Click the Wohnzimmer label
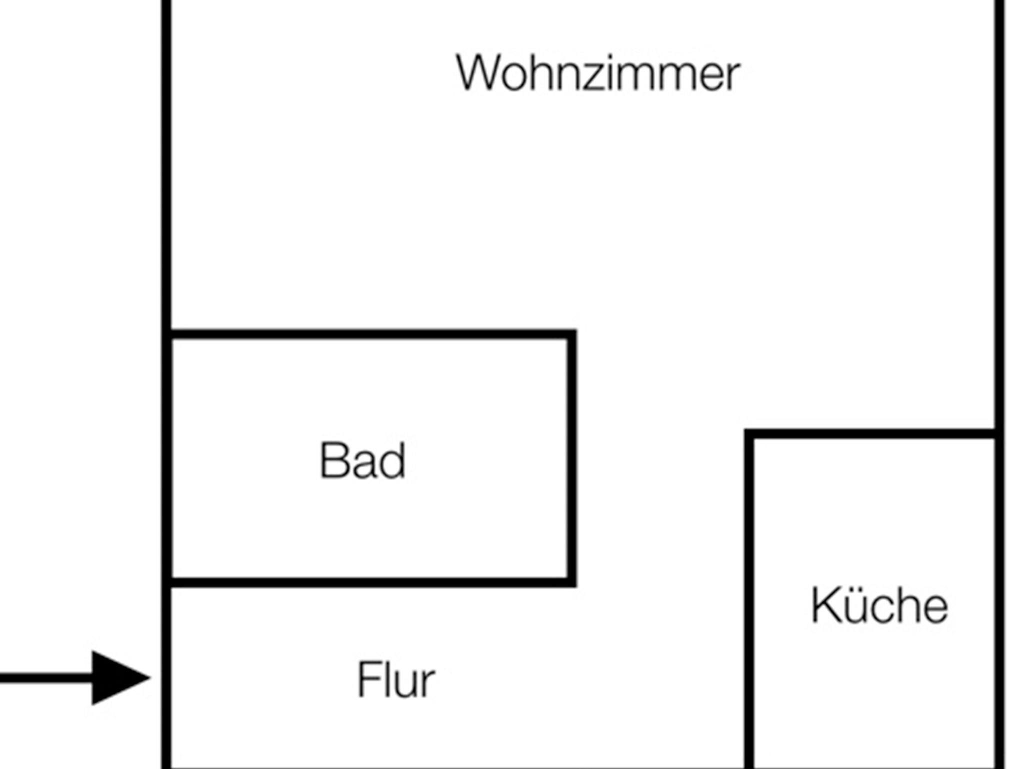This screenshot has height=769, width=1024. tap(598, 73)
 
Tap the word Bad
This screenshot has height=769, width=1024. tap(362, 460)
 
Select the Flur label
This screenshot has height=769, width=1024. tap(396, 679)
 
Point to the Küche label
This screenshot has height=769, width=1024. tap(879, 605)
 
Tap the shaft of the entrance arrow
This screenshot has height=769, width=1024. tap(45, 678)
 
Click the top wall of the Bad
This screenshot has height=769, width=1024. tap(370, 334)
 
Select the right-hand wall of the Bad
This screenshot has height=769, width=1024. tap(571, 457)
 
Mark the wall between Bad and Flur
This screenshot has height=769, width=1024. tap(370, 582)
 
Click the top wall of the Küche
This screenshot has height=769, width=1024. tap(872, 433)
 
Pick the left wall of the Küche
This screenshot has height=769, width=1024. tap(749, 600)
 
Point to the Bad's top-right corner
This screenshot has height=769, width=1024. tap(571, 334)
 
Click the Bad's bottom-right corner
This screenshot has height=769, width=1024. tap(571, 582)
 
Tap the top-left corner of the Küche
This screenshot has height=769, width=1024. tap(749, 433)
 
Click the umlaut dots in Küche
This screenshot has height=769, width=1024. tap(854, 590)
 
